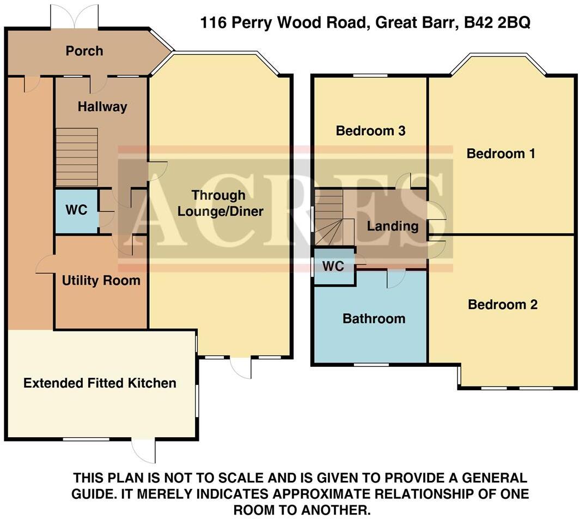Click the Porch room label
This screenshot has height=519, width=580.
tap(84, 51)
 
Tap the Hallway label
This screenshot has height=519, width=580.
tap(102, 106)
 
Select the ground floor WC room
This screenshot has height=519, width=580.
tap(76, 210)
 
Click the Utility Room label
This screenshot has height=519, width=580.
tap(101, 281)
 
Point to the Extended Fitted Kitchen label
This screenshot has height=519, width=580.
tap(100, 383)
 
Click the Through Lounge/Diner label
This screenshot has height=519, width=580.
tap(220, 203)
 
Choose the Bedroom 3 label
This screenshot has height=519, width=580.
tap(370, 131)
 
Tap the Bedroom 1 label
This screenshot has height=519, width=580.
tap(501, 154)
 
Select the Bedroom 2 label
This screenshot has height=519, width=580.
tap(503, 304)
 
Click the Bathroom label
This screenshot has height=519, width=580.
tap(374, 318)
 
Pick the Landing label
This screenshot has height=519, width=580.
tap(392, 226)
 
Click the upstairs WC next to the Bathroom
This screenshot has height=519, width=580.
tap(333, 267)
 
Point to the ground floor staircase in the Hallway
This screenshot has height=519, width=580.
tap(77, 158)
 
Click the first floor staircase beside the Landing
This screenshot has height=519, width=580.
tap(329, 218)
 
